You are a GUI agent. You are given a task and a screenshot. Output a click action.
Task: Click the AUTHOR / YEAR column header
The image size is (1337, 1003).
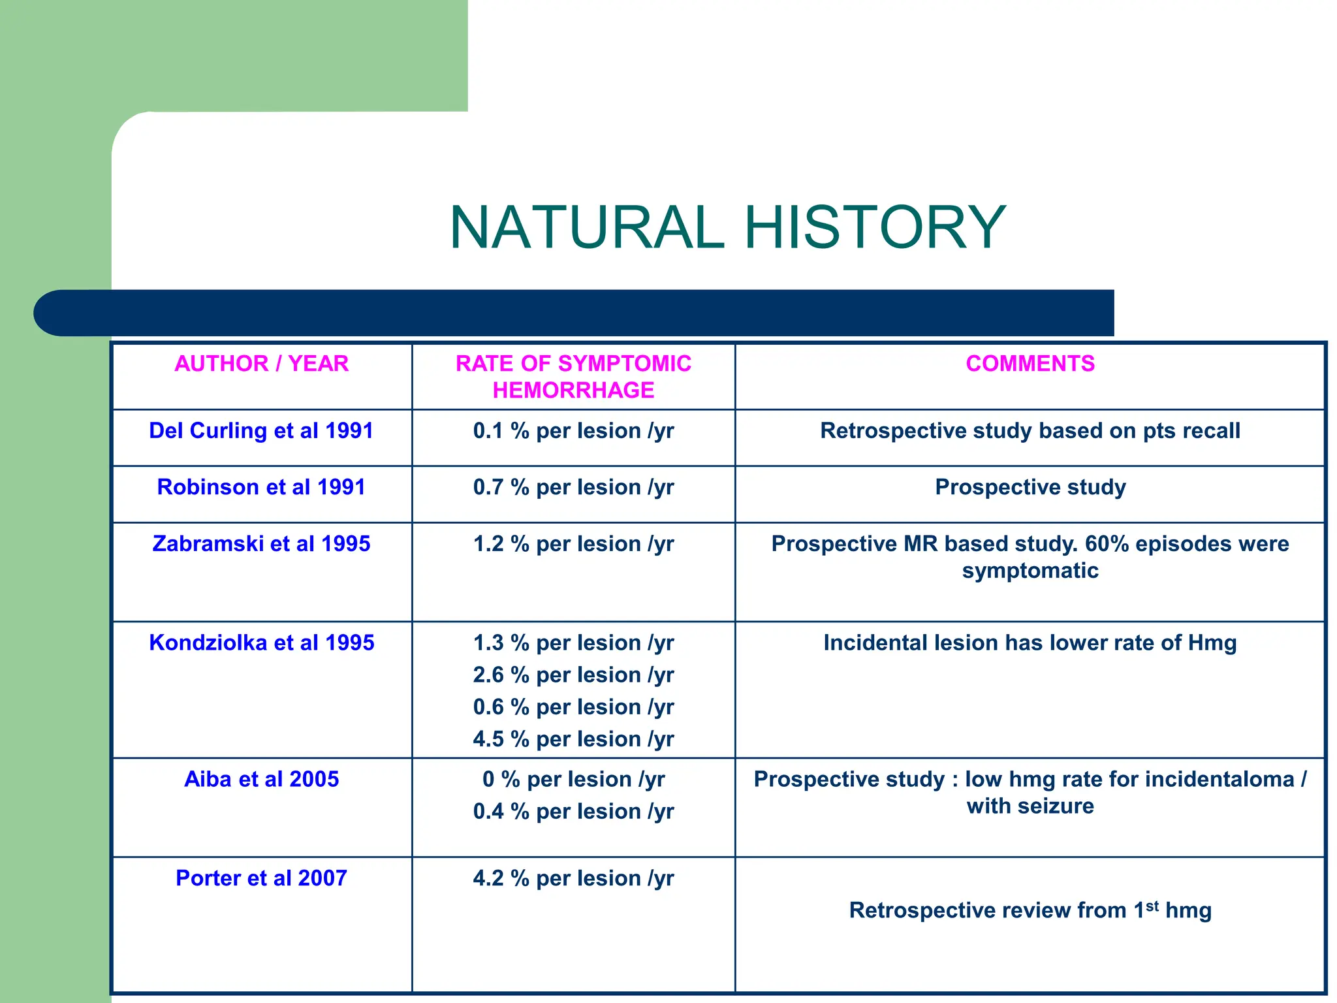click(x=261, y=364)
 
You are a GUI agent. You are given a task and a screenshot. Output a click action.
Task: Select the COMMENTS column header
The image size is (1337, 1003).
click(x=1030, y=364)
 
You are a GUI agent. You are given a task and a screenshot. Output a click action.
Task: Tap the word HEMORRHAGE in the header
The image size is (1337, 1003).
click(x=573, y=390)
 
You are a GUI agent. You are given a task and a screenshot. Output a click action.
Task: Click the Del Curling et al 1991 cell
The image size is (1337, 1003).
click(x=261, y=431)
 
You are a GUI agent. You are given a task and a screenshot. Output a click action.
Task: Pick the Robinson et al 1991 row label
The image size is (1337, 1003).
click(x=261, y=487)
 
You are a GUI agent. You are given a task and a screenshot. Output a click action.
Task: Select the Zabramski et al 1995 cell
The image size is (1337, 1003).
click(x=261, y=544)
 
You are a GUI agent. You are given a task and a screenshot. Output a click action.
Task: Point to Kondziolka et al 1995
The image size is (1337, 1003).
click(x=261, y=643)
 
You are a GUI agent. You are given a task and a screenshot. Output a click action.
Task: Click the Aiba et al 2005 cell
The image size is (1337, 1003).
click(x=261, y=780)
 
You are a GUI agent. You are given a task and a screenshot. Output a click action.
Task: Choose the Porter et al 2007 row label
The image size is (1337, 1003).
click(x=261, y=878)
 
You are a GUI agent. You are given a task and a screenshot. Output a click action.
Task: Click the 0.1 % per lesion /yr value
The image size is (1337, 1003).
click(x=573, y=431)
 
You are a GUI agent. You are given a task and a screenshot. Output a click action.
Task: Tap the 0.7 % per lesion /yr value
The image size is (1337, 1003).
click(x=573, y=487)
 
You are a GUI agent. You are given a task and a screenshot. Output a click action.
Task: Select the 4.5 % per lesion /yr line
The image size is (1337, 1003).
click(x=573, y=739)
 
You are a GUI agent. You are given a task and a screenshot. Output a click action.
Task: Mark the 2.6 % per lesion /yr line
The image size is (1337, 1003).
click(x=573, y=675)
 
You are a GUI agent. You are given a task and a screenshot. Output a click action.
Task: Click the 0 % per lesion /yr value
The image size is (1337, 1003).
click(x=573, y=780)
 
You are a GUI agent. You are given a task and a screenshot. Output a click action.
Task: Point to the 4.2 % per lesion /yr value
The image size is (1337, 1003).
click(x=573, y=878)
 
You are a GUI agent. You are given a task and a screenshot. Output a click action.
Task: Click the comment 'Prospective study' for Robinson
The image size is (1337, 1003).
click(x=1030, y=487)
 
